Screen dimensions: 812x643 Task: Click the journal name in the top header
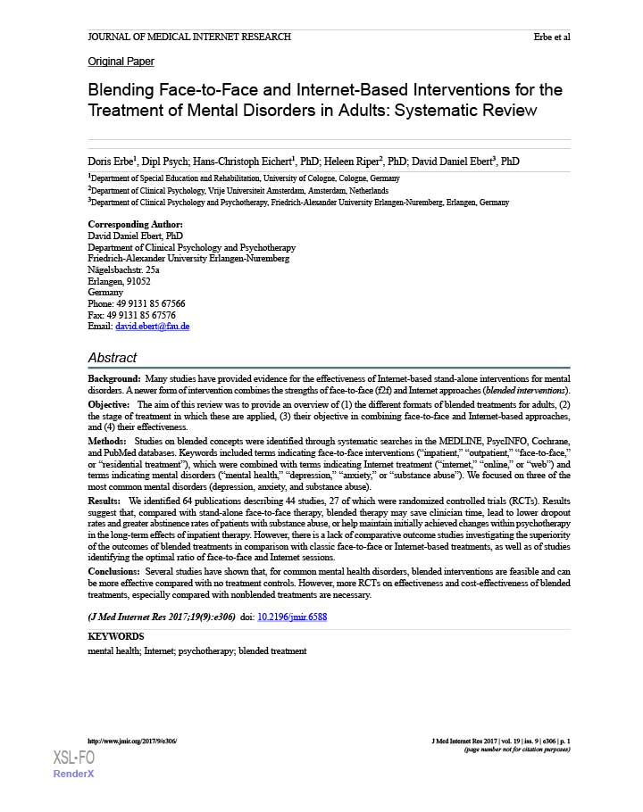[x=189, y=37]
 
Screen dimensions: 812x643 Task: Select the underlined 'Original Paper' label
[x=121, y=62]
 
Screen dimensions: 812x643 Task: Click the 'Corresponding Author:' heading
[x=135, y=224]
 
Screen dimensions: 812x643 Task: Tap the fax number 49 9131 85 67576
[x=143, y=315]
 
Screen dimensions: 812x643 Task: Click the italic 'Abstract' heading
[x=112, y=357]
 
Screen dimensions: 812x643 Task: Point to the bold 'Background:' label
[x=113, y=380]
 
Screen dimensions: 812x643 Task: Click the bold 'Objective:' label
[x=109, y=404]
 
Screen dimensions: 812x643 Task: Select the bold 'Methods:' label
[x=107, y=442]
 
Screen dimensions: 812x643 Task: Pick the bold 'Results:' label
[x=105, y=501]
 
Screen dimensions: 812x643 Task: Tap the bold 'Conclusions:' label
[x=113, y=570]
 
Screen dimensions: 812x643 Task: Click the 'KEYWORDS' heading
[x=115, y=636]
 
